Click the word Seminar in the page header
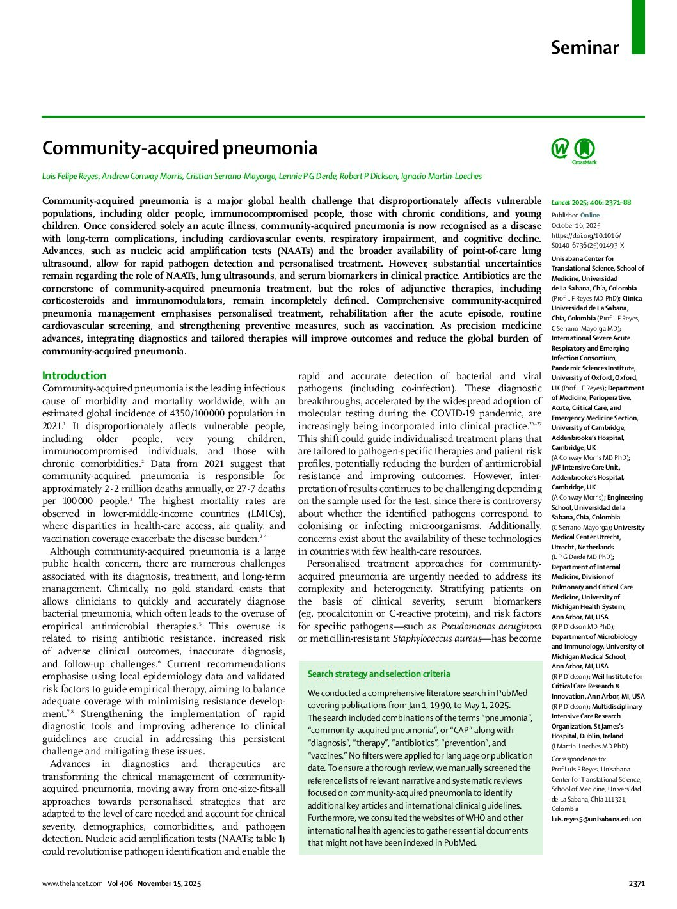[584, 47]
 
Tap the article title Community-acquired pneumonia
[180, 148]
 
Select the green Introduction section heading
[74, 375]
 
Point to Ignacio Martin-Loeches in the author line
[441, 177]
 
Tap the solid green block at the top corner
[638, 27]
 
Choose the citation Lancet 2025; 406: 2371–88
[591, 202]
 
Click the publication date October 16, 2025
[576, 225]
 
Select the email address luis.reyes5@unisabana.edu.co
[596, 819]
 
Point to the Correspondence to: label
[578, 759]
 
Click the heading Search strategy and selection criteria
[379, 674]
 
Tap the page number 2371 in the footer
[636, 883]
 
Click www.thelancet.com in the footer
[72, 883]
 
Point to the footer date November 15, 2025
[169, 883]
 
